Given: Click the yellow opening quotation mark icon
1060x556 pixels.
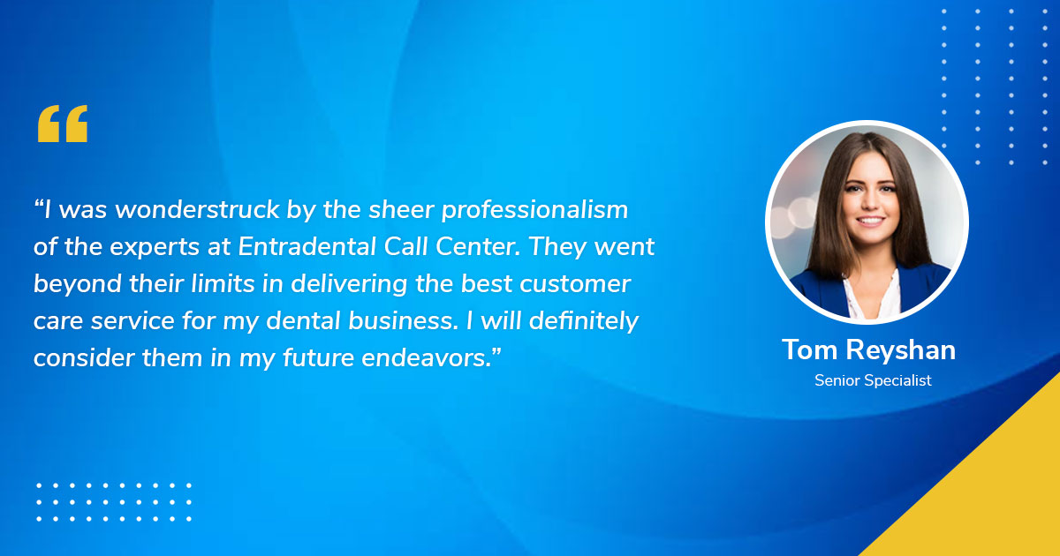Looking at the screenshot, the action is click(x=63, y=124).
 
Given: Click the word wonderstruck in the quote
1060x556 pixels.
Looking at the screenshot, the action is click(x=197, y=209).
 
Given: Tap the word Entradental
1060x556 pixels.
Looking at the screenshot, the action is click(x=307, y=246).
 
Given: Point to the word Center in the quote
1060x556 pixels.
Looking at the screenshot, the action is click(x=478, y=246).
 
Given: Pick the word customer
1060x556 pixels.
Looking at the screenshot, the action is click(x=575, y=284).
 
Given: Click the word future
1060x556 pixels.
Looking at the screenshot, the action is click(x=319, y=358).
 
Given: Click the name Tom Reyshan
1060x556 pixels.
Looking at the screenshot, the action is click(x=868, y=351).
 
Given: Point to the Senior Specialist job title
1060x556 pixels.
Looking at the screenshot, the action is click(x=873, y=380).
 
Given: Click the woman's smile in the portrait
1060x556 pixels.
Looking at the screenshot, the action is click(x=871, y=221).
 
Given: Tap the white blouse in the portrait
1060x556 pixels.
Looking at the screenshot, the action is click(x=872, y=296).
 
